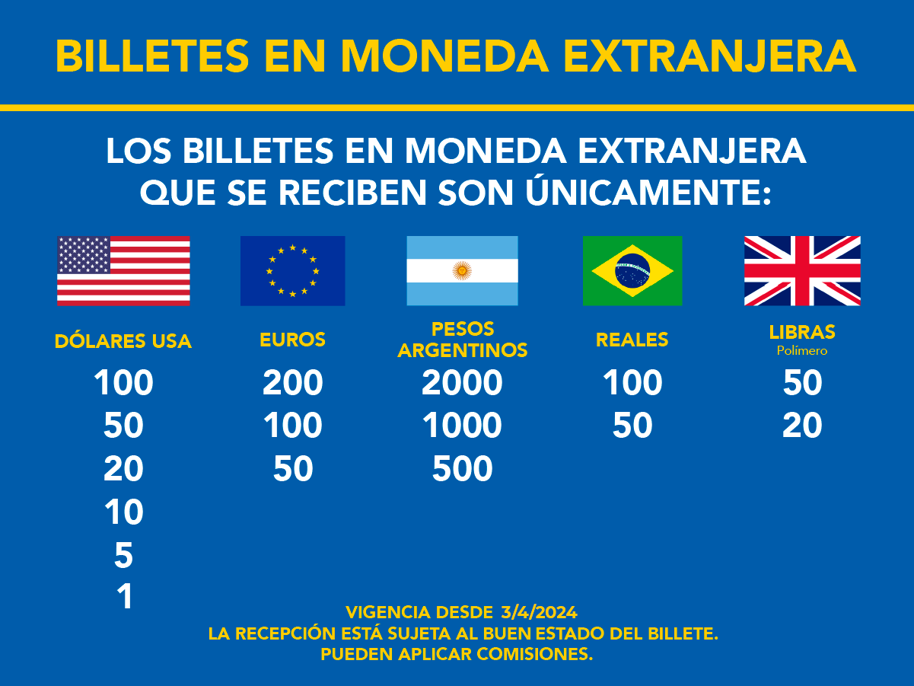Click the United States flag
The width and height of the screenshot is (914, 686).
coord(123,270)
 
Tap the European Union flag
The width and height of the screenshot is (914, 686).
coord(292,270)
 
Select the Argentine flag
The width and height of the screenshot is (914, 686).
coord(462,270)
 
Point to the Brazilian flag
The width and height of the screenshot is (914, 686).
coord(632,270)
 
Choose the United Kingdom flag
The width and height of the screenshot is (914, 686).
coord(802,270)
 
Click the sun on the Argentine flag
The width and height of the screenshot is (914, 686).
coord(461,270)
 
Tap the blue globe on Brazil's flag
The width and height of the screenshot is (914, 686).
coord(632,270)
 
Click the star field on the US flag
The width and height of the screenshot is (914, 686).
coord(84,254)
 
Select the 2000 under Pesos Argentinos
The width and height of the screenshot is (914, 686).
coord(462,383)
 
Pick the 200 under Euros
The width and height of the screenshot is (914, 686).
coord(293,383)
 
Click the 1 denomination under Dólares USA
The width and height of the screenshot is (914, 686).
coord(124,596)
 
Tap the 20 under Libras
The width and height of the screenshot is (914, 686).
coord(802,426)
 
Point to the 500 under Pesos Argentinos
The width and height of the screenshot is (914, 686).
coord(462,469)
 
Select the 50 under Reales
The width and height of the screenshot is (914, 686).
coord(632,426)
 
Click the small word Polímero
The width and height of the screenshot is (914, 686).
coord(802,351)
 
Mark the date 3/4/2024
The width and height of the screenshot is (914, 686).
coord(539,611)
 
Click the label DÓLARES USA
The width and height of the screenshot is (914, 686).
coord(123,341)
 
